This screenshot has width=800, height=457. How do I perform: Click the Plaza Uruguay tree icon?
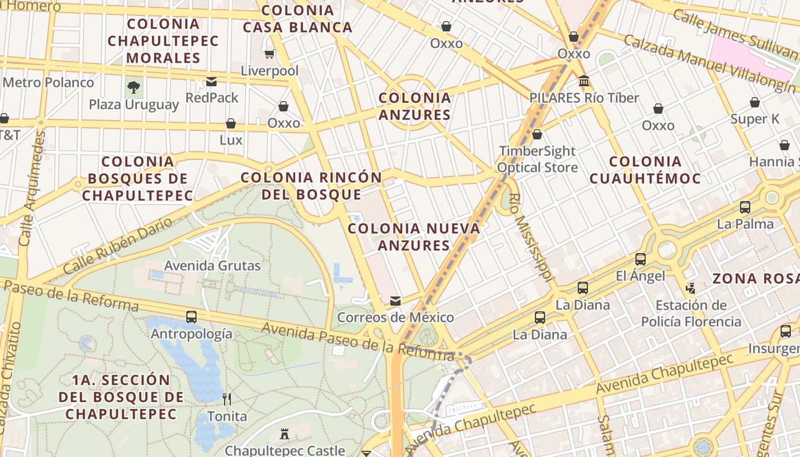pyautogui.click(x=134, y=87)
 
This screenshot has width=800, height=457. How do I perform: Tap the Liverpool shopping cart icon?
pyautogui.click(x=269, y=54)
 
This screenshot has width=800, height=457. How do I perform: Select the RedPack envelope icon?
pyautogui.click(x=211, y=82)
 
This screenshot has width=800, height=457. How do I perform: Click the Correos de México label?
pyautogui.click(x=395, y=317)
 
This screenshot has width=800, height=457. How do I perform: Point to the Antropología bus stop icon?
pyautogui.click(x=191, y=316)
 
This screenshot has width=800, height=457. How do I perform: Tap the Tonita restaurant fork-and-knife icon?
pyautogui.click(x=227, y=399)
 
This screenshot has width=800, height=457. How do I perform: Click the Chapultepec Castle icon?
pyautogui.click(x=285, y=434)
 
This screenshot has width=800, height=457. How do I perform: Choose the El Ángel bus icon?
pyautogui.click(x=641, y=259)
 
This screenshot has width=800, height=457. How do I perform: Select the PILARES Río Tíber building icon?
pyautogui.click(x=584, y=81)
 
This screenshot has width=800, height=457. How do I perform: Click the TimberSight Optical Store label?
pyautogui.click(x=537, y=159)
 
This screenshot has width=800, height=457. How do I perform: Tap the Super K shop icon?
pyautogui.click(x=755, y=102)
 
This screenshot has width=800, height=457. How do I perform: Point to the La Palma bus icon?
pyautogui.click(x=745, y=207)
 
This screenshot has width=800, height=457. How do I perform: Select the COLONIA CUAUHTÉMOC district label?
pyautogui.click(x=645, y=170)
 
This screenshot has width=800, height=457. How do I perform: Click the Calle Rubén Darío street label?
pyautogui.click(x=117, y=246)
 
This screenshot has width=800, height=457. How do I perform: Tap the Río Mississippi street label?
pyautogui.click(x=531, y=237)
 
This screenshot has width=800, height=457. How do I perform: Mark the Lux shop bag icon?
pyautogui.click(x=231, y=123)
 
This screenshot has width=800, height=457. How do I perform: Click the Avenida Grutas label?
pyautogui.click(x=213, y=266)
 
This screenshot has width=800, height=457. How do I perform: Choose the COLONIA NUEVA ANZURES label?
pyautogui.click(x=414, y=236)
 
